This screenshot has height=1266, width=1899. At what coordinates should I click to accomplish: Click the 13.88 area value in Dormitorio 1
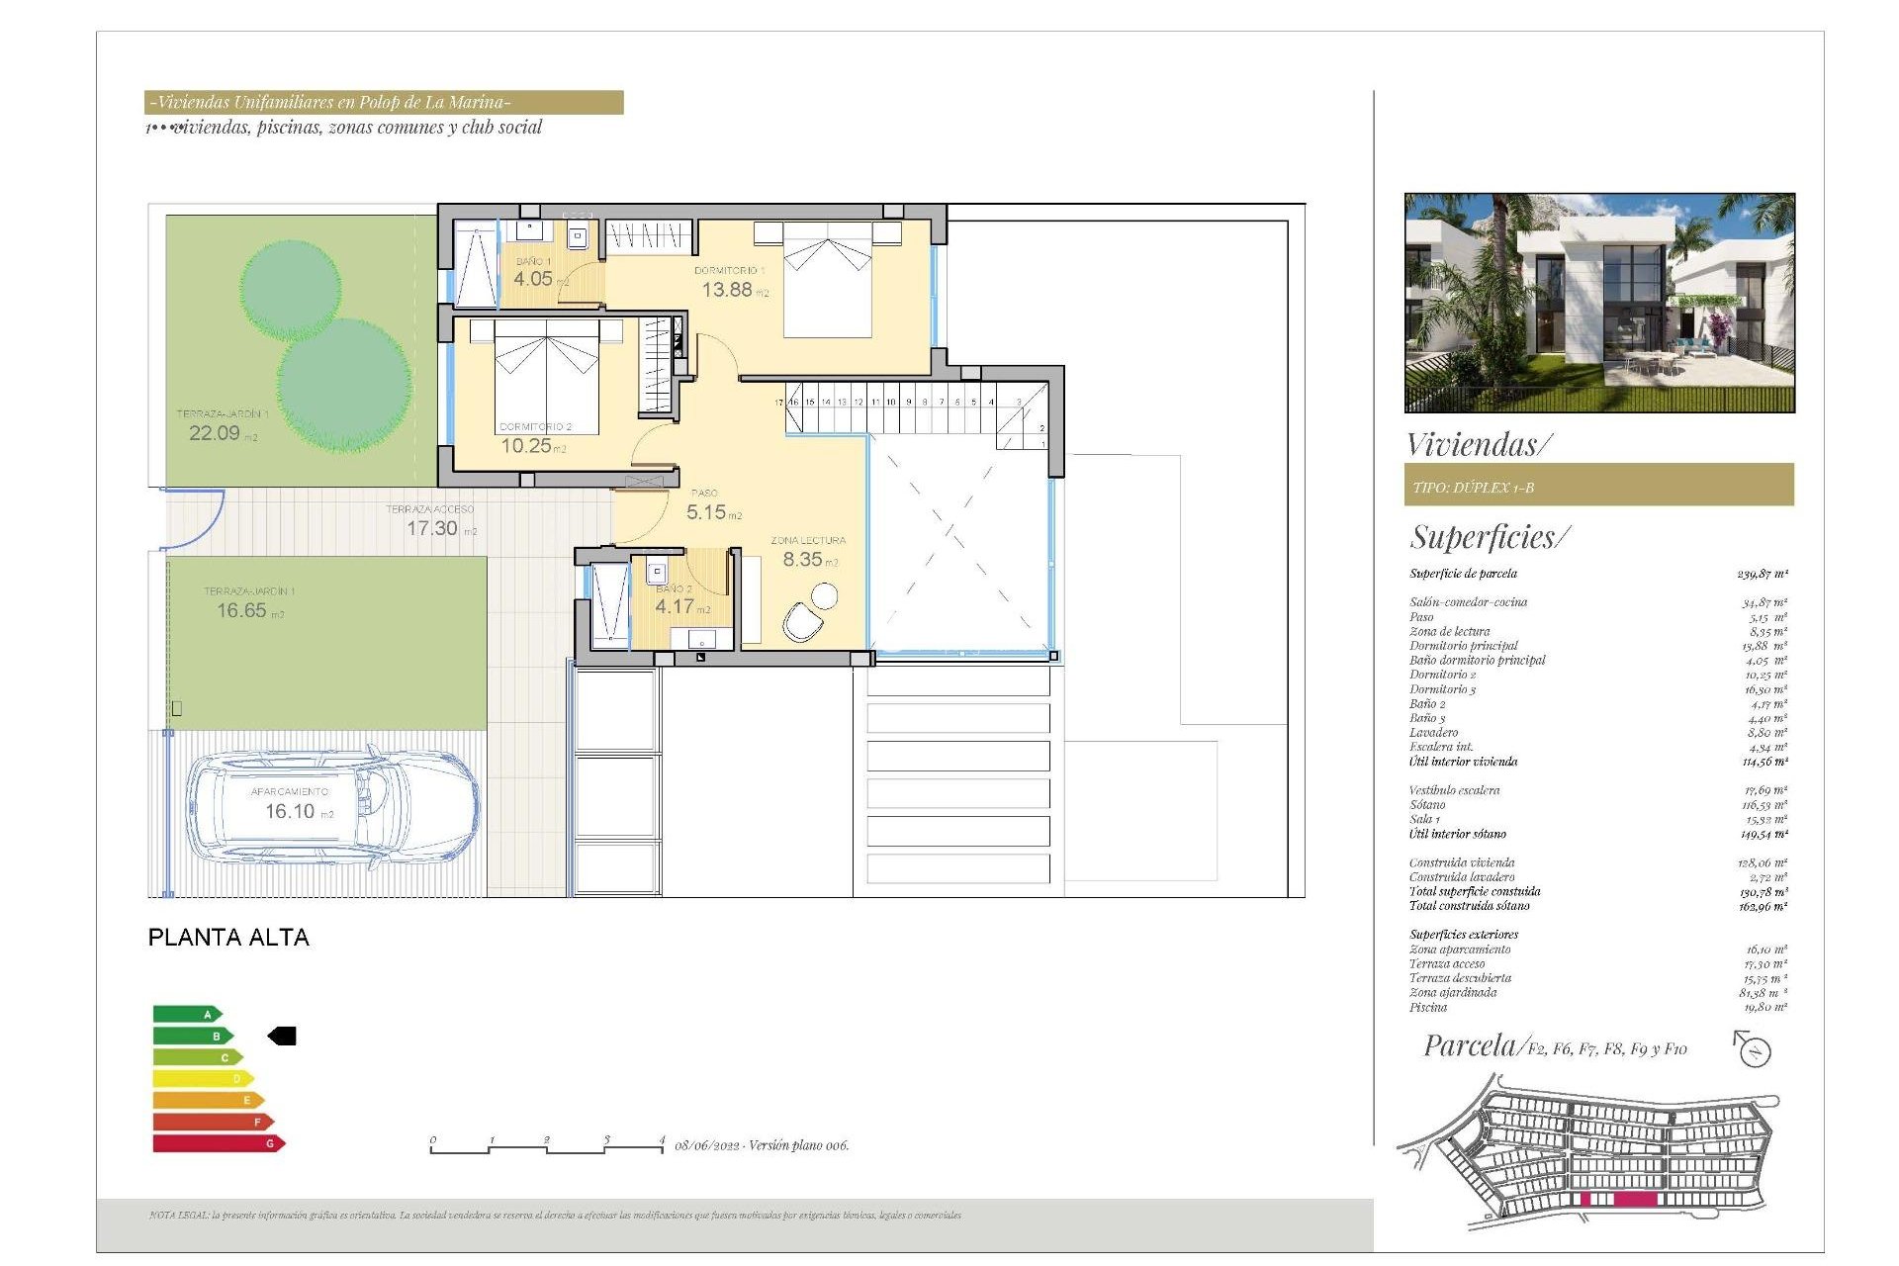click(727, 290)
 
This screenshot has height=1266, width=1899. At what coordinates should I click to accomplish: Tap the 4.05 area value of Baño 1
click(532, 279)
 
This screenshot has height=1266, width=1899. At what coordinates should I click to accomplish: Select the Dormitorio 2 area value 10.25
click(526, 446)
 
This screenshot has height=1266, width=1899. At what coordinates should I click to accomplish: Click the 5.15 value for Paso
click(706, 512)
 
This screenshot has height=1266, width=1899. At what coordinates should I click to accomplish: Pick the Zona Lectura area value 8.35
click(802, 559)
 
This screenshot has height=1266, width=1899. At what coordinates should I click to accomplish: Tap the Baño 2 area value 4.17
click(675, 606)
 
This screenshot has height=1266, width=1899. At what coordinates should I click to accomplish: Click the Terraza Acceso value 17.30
click(432, 528)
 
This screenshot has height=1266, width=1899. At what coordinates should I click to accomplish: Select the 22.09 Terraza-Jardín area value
click(215, 433)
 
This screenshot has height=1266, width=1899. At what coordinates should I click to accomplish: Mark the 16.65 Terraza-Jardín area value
click(242, 610)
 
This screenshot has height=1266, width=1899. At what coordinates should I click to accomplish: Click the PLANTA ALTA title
click(228, 937)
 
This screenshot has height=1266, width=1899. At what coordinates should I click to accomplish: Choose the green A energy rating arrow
click(187, 1014)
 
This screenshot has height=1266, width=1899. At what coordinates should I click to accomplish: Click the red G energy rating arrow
click(218, 1143)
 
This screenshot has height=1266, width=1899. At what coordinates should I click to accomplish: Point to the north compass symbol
click(1754, 1049)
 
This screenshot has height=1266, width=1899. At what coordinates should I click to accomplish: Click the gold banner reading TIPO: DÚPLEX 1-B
click(1598, 486)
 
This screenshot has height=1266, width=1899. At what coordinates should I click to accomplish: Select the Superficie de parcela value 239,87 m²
click(1762, 574)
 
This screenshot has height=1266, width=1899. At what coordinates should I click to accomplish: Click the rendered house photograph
click(1598, 302)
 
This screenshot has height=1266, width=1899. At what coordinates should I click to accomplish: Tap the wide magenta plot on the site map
click(1635, 1199)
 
